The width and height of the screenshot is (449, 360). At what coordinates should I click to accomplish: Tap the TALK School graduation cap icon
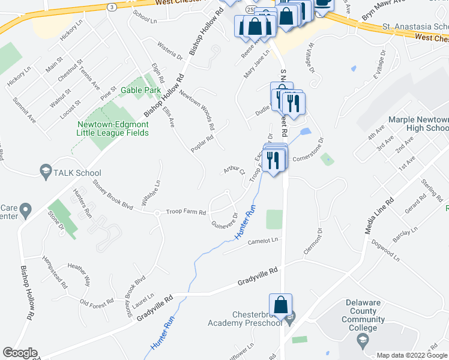click(x=45, y=171)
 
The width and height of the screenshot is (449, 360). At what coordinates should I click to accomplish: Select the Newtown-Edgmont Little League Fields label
click(x=112, y=128)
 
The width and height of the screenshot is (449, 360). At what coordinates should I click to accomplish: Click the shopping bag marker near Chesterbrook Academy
click(x=280, y=306)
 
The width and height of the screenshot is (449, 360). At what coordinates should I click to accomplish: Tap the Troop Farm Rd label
click(x=186, y=212)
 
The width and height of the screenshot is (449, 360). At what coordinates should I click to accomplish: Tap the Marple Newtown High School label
click(x=418, y=124)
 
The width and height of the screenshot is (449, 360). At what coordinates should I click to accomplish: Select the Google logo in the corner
click(x=20, y=353)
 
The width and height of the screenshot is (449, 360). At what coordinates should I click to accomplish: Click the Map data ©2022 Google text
click(x=411, y=355)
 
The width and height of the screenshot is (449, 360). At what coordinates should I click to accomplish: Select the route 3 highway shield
click(x=112, y=7)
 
